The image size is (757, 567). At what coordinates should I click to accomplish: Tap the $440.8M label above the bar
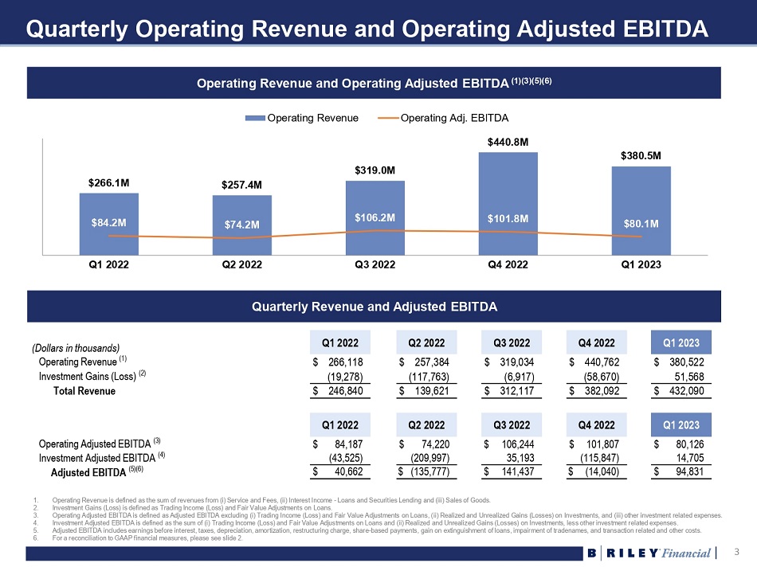pyautogui.click(x=508, y=142)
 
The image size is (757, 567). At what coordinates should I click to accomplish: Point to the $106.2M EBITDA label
pyautogui.click(x=375, y=217)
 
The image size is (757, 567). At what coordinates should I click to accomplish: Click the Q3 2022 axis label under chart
pyautogui.click(x=375, y=266)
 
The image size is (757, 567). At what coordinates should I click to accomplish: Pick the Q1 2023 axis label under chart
pyautogui.click(x=641, y=266)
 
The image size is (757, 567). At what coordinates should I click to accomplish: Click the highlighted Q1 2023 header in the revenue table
pyautogui.click(x=682, y=343)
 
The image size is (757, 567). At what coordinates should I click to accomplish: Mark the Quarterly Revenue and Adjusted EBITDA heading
pyautogui.click(x=374, y=307)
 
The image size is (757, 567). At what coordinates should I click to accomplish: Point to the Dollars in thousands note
pyautogui.click(x=76, y=348)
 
